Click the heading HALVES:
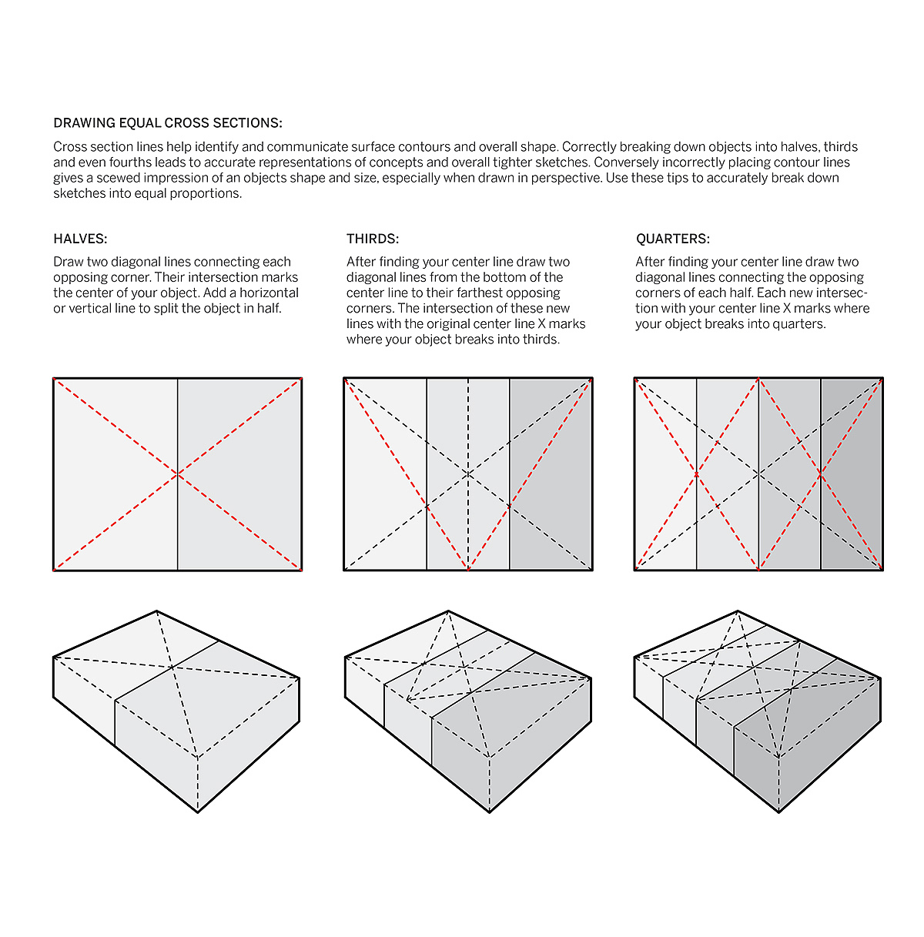tap(80, 239)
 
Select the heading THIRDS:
tap(373, 239)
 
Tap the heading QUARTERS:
tap(672, 239)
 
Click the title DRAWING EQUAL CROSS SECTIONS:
tap(168, 123)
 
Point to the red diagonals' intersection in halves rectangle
tap(178, 474)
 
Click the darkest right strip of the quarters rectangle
tap(851, 474)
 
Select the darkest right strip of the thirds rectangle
tap(551, 474)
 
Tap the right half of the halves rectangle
tap(239, 474)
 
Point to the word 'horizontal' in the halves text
tap(269, 293)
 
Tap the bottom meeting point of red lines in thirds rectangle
tap(468, 570)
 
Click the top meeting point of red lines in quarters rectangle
tap(758, 379)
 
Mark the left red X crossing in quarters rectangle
tap(697, 474)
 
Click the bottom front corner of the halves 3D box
tap(198, 812)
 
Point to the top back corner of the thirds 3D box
tap(448, 612)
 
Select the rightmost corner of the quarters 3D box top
tap(880, 678)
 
